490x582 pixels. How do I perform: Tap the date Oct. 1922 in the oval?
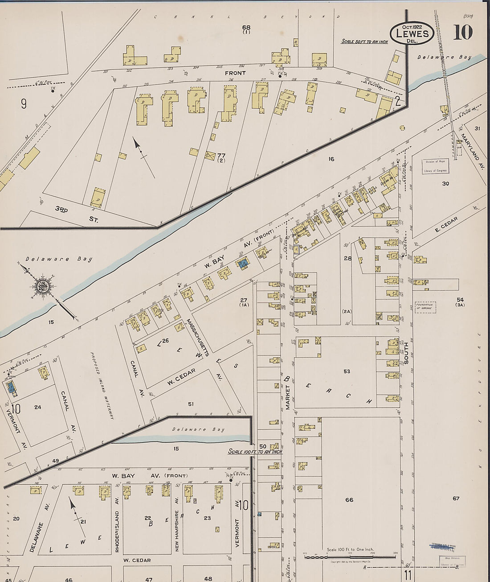pos(411,26)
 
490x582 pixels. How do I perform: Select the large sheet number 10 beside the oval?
pos(462,33)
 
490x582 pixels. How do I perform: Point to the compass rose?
pos(44,286)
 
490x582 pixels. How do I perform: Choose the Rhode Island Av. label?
pos(117,524)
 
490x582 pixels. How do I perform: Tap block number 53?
pos(347,371)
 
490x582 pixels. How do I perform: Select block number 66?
pos(349,499)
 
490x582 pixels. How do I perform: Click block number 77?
pos(221,156)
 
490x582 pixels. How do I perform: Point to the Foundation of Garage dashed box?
pos(425,306)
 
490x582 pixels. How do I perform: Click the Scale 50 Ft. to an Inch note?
pos(364,41)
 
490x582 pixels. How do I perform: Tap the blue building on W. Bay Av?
pos(243,264)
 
